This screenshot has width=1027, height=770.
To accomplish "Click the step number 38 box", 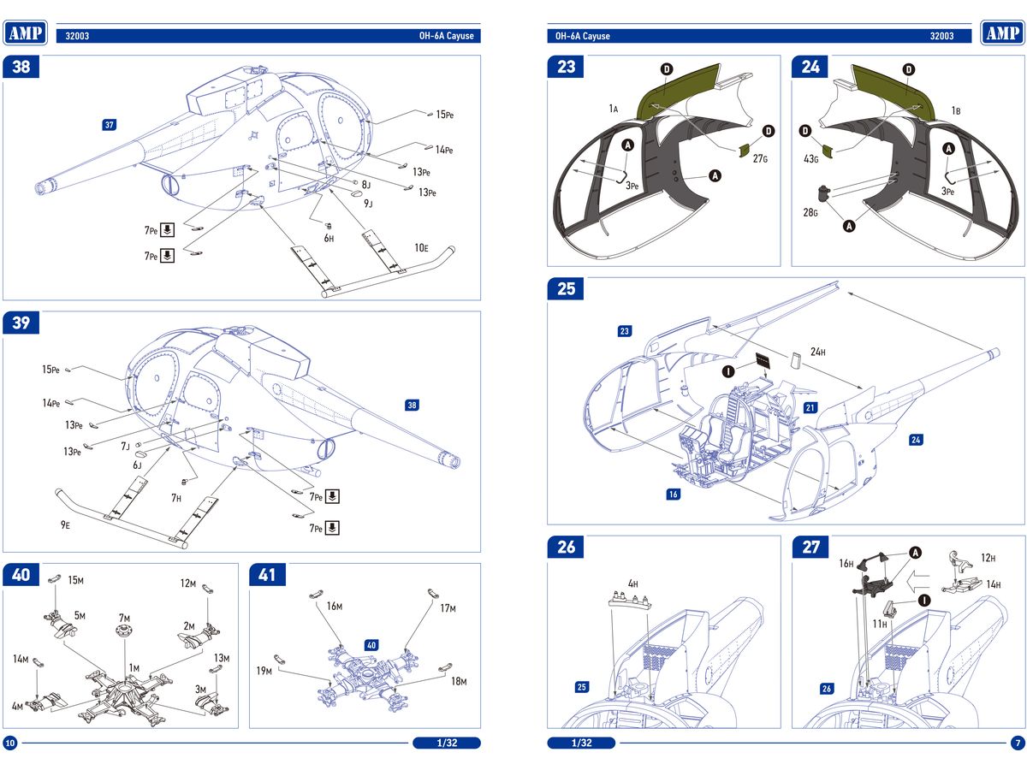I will point(21,67).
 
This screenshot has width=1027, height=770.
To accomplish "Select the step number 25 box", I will point(567,289).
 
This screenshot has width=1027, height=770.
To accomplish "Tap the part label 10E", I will point(421,248).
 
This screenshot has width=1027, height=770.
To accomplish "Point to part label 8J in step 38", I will point(365,185).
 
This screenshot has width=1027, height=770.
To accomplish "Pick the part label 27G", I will point(760,158).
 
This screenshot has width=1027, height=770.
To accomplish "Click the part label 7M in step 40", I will point(125,618).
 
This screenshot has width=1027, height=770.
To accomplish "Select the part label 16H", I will point(846,564).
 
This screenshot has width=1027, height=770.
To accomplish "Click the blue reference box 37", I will point(109,125).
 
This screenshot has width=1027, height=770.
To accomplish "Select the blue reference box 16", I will point(674,495).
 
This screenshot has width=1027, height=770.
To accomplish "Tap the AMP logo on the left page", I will point(26,33).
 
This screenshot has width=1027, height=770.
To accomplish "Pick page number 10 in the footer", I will point(10,742).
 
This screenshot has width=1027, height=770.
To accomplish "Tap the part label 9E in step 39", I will point(65,524).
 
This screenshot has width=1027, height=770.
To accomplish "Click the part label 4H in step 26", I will point(632,584).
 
